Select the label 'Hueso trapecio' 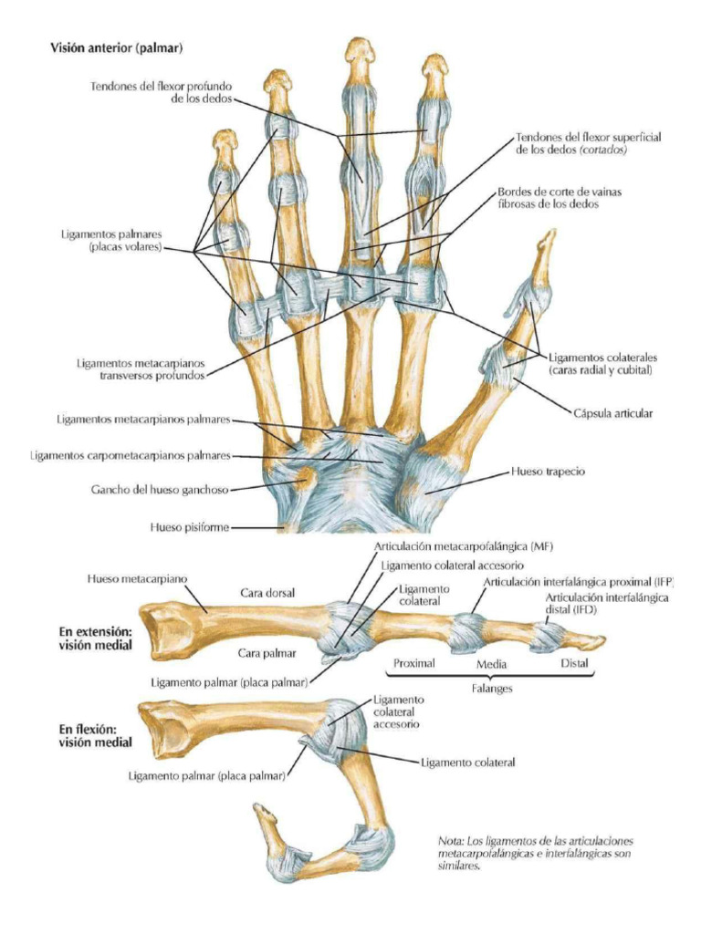(x=546, y=472)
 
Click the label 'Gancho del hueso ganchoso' (x=172, y=489)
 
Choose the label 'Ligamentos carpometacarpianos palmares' (x=131, y=454)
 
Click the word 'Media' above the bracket (x=492, y=664)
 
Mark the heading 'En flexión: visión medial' (x=95, y=735)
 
